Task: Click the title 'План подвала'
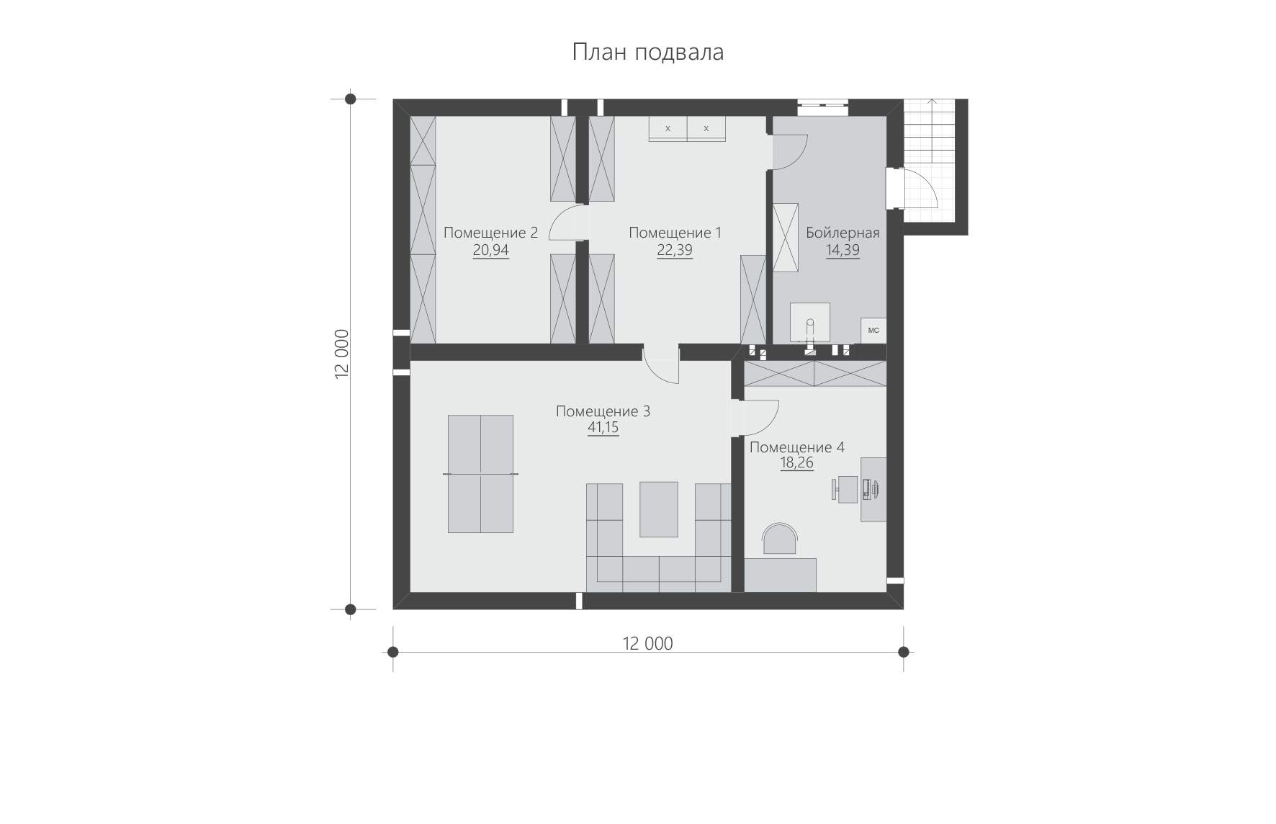click(648, 53)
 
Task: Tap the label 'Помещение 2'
click(490, 233)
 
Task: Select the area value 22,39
click(675, 250)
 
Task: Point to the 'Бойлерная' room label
click(843, 233)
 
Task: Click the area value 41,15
click(603, 428)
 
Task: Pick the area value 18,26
click(797, 463)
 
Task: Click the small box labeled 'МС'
click(873, 331)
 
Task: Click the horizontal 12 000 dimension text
click(648, 643)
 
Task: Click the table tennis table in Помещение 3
click(480, 474)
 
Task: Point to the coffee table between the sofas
click(659, 509)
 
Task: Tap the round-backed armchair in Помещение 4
click(781, 540)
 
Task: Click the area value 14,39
click(843, 250)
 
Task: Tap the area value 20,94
click(490, 250)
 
